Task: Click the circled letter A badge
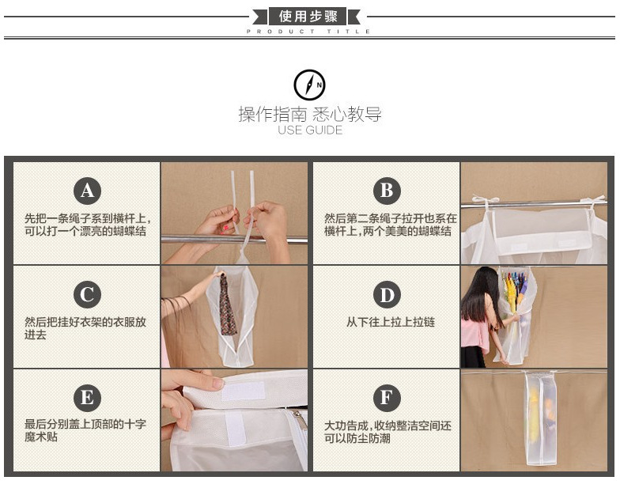tap(87, 191)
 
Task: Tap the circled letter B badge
tap(387, 191)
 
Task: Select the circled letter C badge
tap(87, 294)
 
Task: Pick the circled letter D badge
tap(387, 294)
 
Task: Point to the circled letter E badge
tap(87, 398)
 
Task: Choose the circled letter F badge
tap(387, 398)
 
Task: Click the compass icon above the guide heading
tap(310, 85)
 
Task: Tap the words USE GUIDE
tap(310, 130)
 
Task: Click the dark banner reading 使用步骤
tap(308, 17)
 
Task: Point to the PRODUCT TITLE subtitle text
tap(308, 32)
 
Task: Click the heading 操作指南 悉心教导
tap(310, 114)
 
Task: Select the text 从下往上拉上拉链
tap(391, 322)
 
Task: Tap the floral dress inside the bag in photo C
tap(228, 305)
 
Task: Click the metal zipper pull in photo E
tap(301, 420)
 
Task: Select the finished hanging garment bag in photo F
tap(541, 418)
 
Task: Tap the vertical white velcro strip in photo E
tap(236, 429)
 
